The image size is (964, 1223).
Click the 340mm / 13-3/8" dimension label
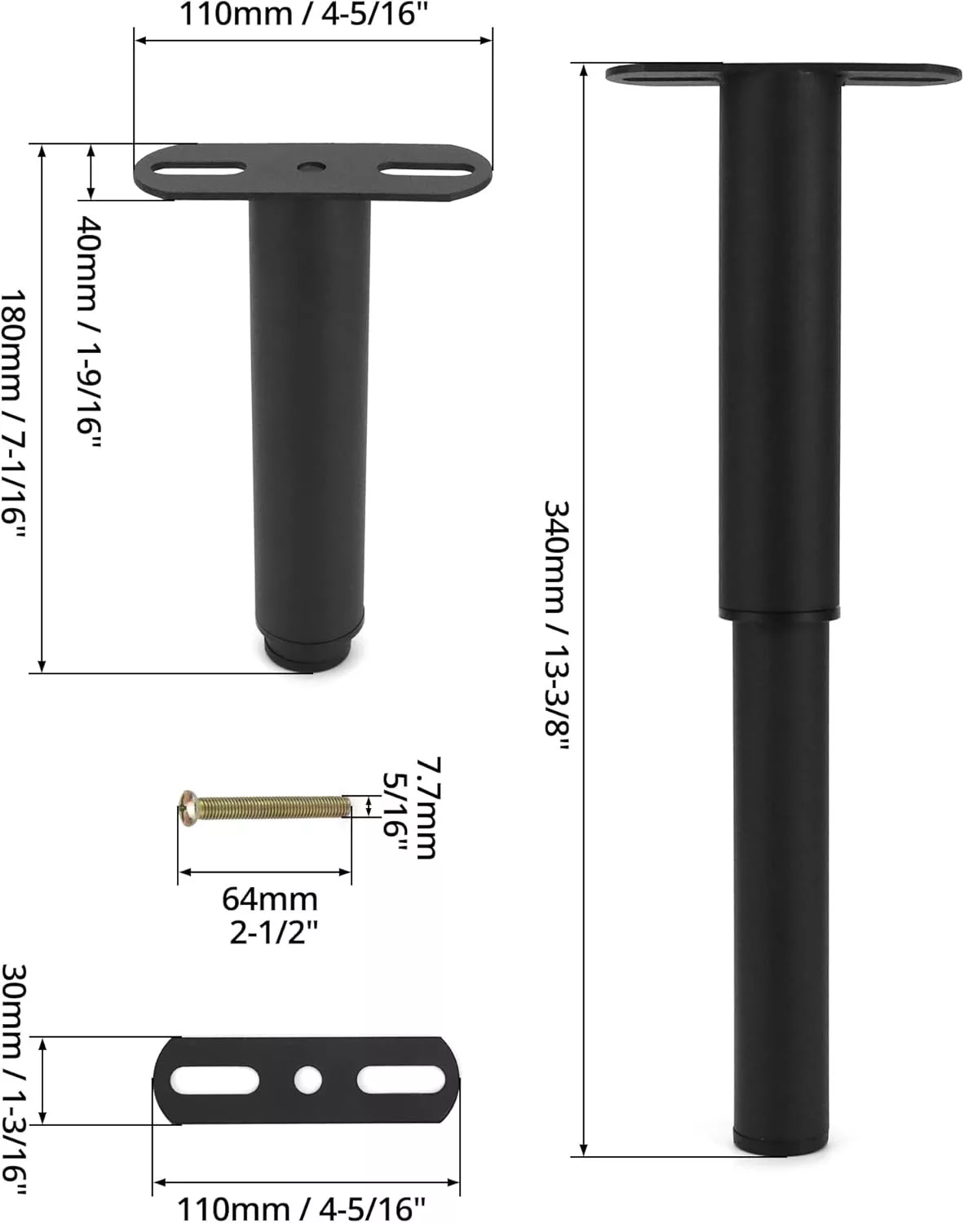(x=556, y=626)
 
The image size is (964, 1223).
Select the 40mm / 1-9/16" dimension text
(x=89, y=332)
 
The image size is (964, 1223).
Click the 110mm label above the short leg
(x=303, y=14)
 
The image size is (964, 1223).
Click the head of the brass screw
(x=188, y=807)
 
